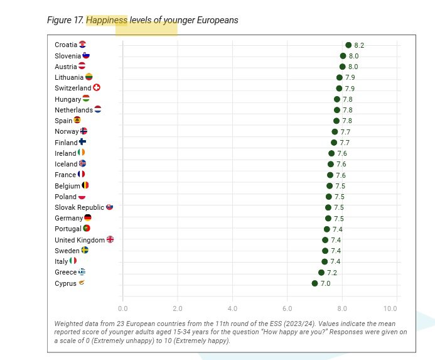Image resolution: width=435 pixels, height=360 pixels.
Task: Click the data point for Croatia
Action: point(348,45)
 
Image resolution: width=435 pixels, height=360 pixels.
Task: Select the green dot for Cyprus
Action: point(315,283)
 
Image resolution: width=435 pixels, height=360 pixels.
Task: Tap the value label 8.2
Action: point(359,45)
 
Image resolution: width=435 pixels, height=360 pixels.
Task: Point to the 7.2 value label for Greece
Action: point(332,273)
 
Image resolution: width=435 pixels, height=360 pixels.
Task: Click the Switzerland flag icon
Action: point(97,88)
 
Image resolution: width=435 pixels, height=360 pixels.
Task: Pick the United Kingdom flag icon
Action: point(110,240)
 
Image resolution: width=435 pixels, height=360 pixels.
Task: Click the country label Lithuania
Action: point(69,77)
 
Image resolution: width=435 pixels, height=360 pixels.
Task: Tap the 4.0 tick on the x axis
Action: point(232,308)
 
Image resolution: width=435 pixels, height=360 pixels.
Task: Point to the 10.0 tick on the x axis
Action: point(390,308)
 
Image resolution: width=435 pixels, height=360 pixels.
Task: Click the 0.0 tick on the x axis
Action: point(123,308)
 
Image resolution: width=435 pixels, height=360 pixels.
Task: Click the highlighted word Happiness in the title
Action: point(107,20)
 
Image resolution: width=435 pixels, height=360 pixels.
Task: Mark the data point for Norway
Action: point(335,131)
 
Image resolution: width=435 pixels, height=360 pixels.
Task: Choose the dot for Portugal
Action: point(327,229)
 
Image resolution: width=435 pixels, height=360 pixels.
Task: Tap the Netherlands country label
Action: point(73,110)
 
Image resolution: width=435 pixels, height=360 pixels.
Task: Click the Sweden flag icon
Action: point(85,251)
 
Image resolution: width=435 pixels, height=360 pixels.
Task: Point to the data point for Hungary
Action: point(337,99)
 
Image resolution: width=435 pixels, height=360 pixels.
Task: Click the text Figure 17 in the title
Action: point(65,20)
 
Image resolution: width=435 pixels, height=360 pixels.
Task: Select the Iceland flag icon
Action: point(82,164)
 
